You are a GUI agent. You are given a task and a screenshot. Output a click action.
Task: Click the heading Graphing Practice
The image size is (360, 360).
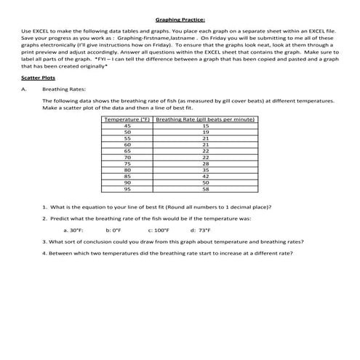click(x=180, y=20)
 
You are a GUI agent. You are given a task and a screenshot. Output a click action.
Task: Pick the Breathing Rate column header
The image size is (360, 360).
click(x=205, y=118)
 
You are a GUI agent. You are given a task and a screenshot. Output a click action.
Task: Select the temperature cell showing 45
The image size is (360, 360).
click(x=127, y=125)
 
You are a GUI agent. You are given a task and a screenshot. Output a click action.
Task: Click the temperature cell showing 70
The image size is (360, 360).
click(x=127, y=156)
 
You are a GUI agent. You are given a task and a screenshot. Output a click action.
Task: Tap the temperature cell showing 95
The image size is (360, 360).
click(x=127, y=188)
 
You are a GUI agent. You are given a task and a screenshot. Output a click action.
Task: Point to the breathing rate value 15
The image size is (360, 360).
click(x=205, y=125)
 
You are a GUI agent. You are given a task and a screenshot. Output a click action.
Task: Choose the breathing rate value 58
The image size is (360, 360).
click(x=205, y=188)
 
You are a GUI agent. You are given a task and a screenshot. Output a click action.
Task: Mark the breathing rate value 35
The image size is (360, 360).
click(x=205, y=169)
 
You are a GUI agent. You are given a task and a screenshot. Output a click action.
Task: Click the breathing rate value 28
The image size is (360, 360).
click(x=205, y=163)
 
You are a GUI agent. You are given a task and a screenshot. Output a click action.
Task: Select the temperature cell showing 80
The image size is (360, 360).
click(x=127, y=169)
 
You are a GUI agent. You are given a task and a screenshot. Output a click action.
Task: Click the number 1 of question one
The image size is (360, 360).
click(x=44, y=207)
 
